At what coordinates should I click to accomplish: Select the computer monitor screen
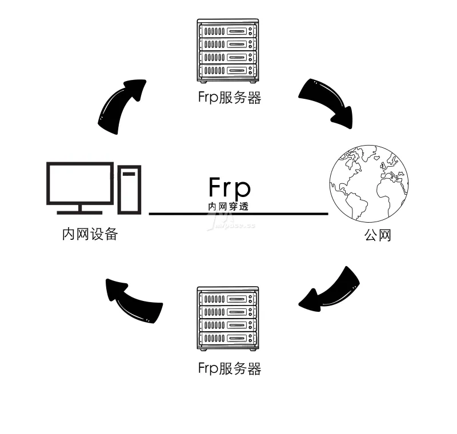point(80,183)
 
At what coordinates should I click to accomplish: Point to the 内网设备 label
point(90,234)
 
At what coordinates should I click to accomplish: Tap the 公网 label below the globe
point(378,235)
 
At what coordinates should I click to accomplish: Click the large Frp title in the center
point(229,187)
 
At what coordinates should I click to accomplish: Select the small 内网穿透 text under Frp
point(228,206)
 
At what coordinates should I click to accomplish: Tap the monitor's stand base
point(80,211)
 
